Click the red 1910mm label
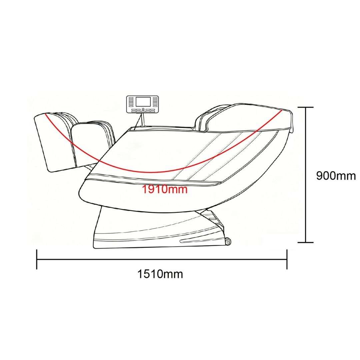click(x=165, y=189)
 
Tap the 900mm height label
click(x=336, y=176)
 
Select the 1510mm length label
click(x=160, y=274)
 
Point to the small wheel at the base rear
click(x=228, y=242)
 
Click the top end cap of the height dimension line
click(x=306, y=107)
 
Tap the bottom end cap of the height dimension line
click(x=306, y=242)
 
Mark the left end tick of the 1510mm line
click(x=37, y=259)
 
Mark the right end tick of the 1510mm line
click(x=287, y=259)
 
